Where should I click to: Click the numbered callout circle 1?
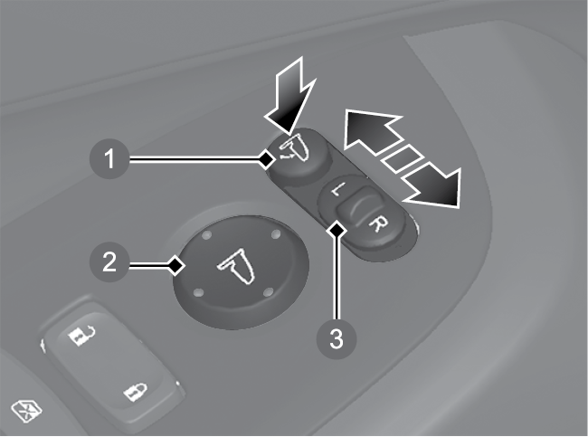[x=109, y=158]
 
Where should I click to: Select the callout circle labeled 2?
[x=109, y=261]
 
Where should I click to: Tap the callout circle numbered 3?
[x=336, y=338]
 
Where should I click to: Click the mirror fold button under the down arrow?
[x=300, y=154]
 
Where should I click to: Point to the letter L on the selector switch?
[x=336, y=191]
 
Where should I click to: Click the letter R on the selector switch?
[x=377, y=224]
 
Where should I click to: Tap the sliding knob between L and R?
[x=356, y=207]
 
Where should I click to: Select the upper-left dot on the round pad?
[x=206, y=235]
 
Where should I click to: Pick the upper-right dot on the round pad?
[x=276, y=234]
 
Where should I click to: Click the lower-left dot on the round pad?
[x=199, y=292]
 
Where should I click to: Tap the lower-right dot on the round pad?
[x=269, y=292]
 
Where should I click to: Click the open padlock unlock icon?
[x=81, y=335]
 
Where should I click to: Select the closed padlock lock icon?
[x=136, y=392]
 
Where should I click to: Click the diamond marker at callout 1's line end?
[x=267, y=160]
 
